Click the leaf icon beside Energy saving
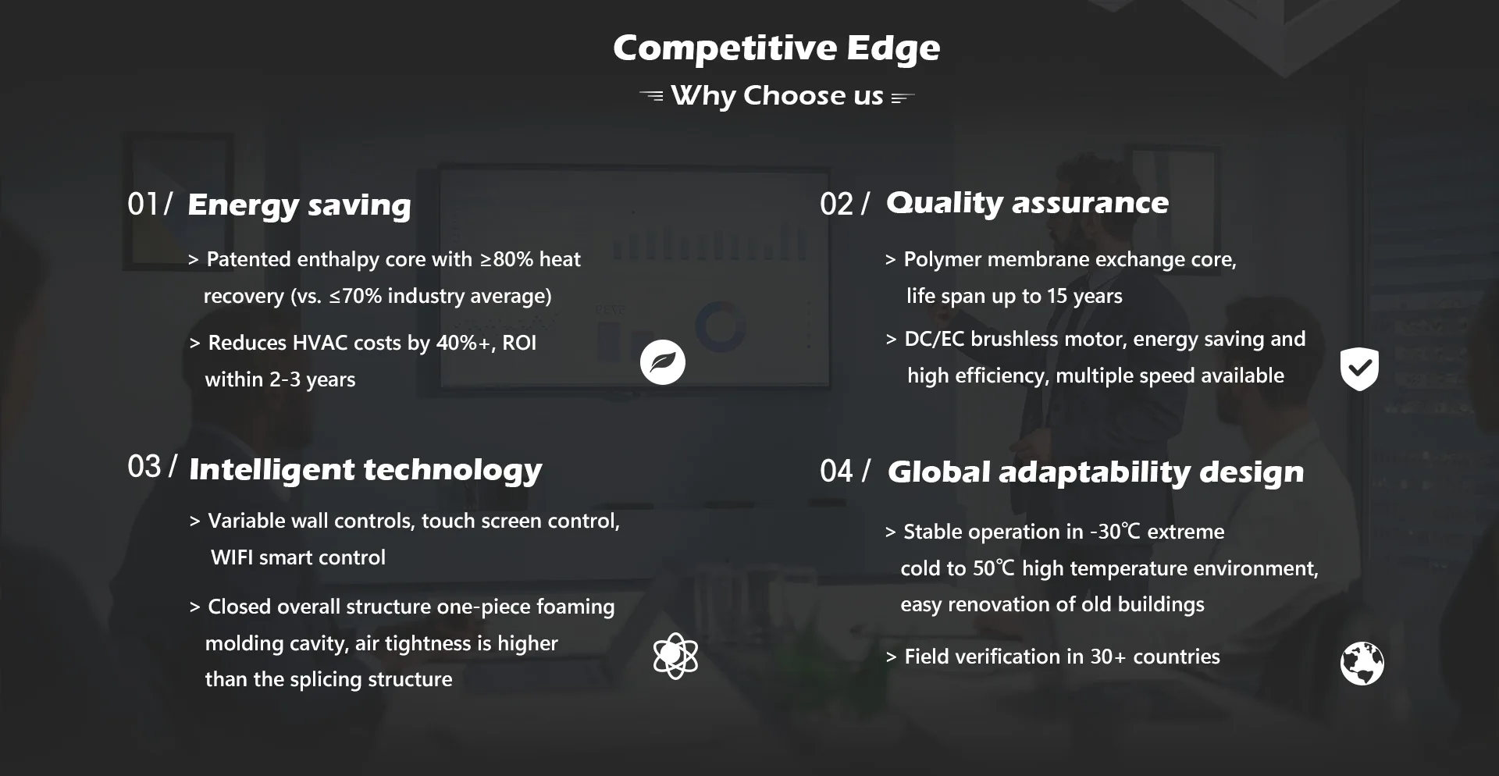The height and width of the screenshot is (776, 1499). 663,362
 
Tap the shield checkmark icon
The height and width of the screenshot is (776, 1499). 1359,369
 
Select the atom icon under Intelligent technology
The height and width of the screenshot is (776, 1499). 675,656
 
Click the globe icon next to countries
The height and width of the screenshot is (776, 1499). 1362,664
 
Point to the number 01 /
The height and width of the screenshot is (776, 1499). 150,205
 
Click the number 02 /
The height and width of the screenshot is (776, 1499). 844,205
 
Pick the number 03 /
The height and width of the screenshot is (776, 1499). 152,467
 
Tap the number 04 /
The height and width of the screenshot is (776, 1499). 845,472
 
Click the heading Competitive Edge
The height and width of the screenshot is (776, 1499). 777,48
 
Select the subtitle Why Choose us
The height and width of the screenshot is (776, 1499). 777,96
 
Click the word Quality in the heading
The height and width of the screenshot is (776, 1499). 945,203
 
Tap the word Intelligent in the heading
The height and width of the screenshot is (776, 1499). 272,470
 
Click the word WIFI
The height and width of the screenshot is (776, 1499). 232,557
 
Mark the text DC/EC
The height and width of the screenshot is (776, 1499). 935,339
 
